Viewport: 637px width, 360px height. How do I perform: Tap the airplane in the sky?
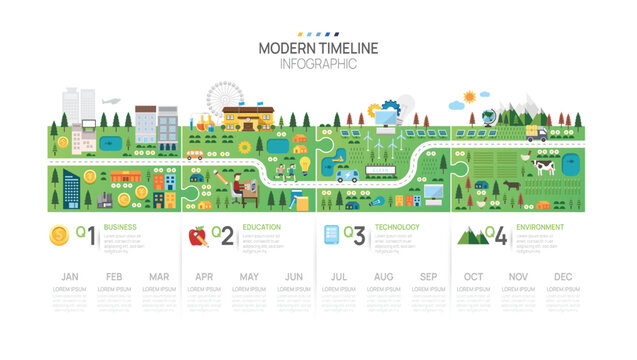pos(112,101)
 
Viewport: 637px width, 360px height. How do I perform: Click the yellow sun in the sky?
pos(470,97)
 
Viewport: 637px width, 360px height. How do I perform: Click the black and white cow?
pos(543,168)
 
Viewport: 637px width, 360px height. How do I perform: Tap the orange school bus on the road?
pos(195,155)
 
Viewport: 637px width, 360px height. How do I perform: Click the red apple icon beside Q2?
pos(198,236)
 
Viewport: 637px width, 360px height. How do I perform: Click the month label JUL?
pos(339,276)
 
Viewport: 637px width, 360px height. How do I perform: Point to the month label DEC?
pos(562,276)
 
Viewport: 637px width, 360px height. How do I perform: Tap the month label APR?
pos(204,276)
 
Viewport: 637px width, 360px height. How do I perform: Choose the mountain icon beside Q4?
pos(472,236)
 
